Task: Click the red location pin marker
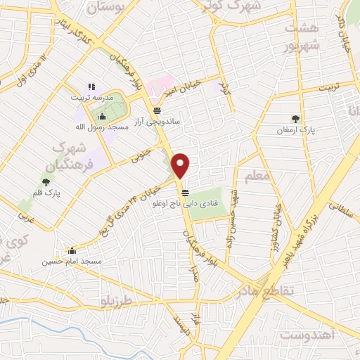[181, 165]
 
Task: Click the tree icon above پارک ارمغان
[295, 119]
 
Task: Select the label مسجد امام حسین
[72, 262]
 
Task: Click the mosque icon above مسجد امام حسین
[72, 250]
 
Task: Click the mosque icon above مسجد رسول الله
[103, 117]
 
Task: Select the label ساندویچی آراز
[158, 121]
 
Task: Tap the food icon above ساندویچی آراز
[157, 110]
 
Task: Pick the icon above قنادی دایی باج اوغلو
[185, 193]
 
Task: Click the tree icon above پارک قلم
[46, 182]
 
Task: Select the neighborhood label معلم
[254, 174]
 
